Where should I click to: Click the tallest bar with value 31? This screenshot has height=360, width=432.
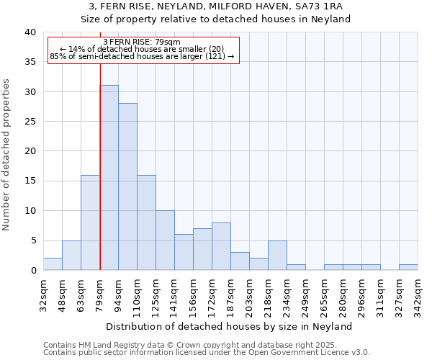coord(109,178)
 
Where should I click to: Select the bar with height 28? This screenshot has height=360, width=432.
coord(127,186)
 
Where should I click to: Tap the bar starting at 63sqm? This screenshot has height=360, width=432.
coord(90,222)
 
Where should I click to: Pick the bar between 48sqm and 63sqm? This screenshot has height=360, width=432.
coord(71,255)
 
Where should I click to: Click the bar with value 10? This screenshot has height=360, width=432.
coord(165,240)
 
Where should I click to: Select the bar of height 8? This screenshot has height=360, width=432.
coord(221,246)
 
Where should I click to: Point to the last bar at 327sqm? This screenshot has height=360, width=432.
coord(408,267)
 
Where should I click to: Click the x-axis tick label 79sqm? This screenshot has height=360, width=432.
coord(100,295)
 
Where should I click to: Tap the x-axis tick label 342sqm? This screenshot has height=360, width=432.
coord(418,295)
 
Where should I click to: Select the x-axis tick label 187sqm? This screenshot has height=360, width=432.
coord(231,295)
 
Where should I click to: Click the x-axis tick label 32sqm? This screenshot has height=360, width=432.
coord(44,295)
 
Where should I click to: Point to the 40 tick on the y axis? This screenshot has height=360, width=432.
coord(30,32)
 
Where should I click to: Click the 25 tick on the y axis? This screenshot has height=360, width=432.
coord(30,122)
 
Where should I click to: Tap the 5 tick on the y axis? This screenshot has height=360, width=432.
coord(32,240)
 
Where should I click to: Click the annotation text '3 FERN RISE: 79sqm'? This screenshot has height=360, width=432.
coord(142,42)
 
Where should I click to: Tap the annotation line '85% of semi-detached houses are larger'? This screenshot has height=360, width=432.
coord(142,56)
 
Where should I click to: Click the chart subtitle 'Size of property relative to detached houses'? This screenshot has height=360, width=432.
coord(215,19)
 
